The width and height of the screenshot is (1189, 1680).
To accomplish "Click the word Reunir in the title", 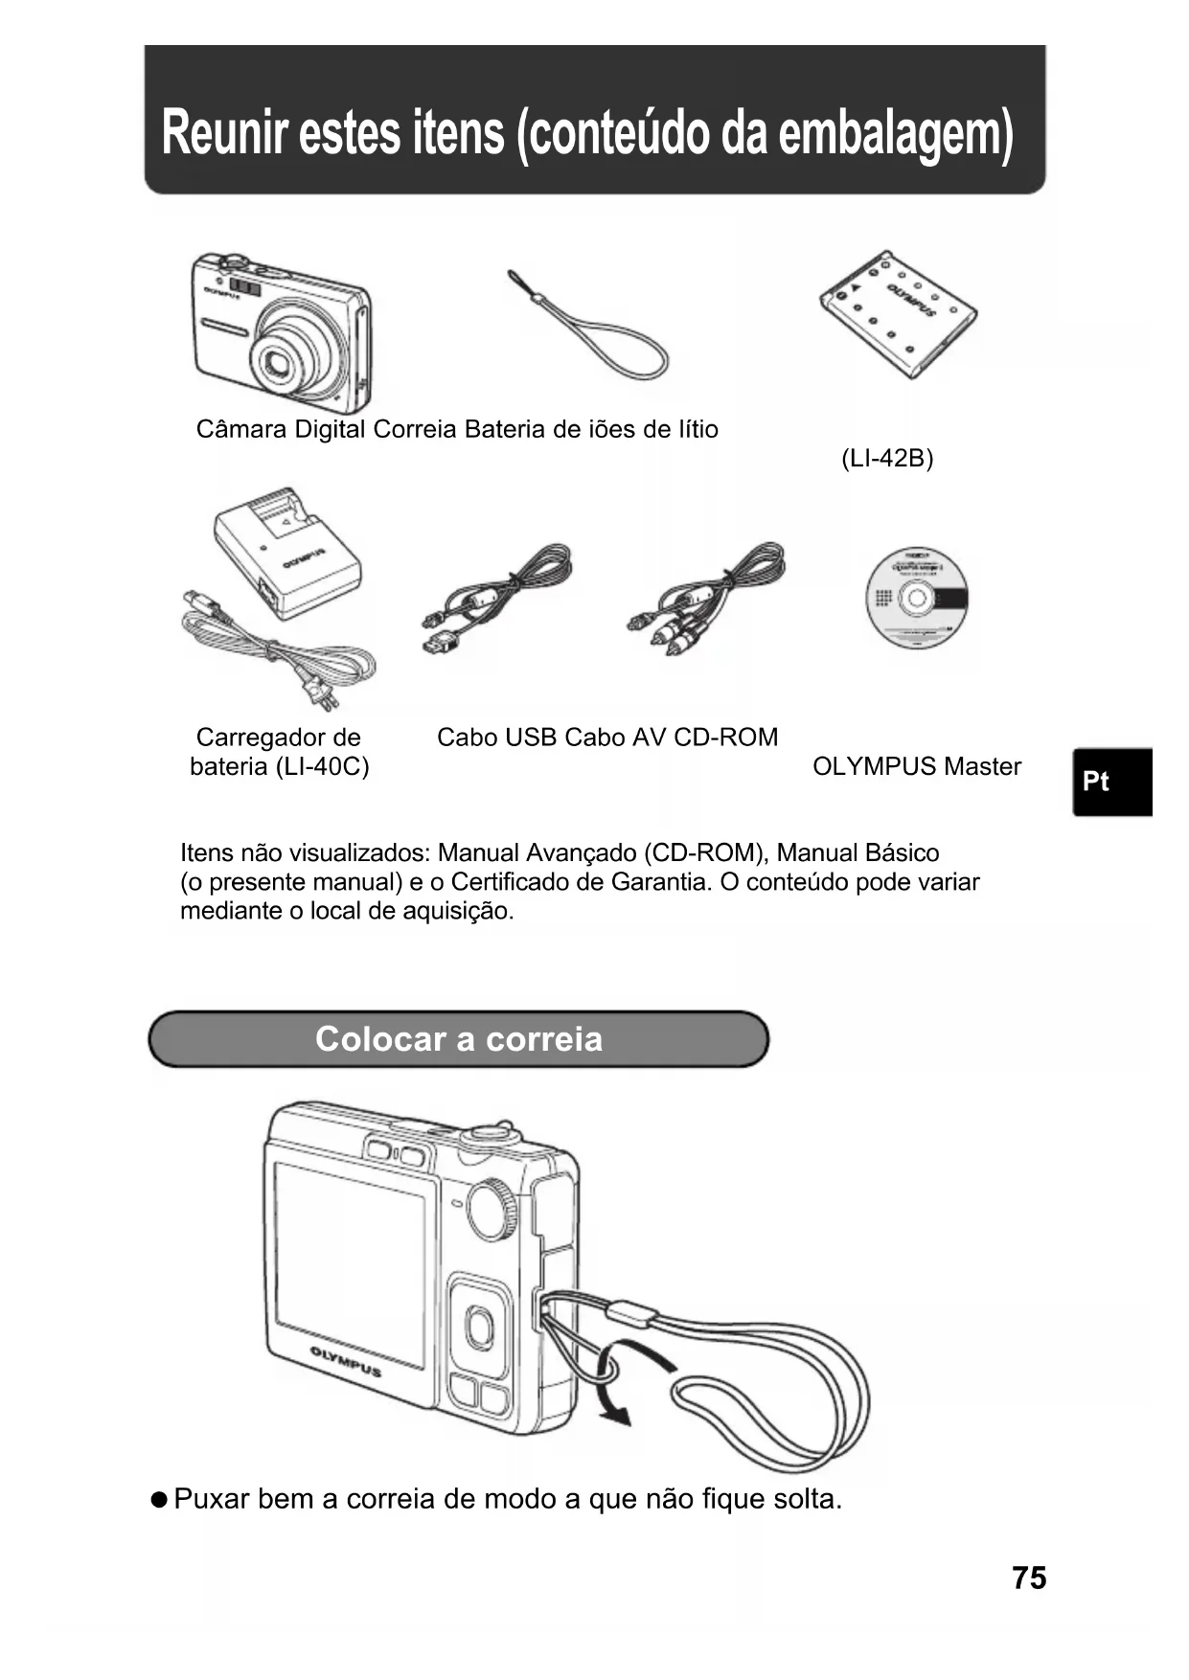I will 224,132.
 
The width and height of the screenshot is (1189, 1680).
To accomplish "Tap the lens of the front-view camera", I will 280,360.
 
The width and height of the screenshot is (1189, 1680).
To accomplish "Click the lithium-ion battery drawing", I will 898,313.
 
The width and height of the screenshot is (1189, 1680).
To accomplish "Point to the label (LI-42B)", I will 886,459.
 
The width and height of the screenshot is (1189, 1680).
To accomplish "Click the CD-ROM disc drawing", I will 916,598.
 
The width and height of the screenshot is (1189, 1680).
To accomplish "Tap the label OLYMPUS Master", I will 916,767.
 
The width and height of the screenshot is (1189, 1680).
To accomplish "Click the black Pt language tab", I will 1111,782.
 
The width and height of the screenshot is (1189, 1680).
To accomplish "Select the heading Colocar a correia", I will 459,1039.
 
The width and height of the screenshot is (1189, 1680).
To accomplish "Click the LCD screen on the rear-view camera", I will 349,1262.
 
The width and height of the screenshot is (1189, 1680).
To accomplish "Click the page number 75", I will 1028,1578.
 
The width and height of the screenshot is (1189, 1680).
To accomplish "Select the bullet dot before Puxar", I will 159,1499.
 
